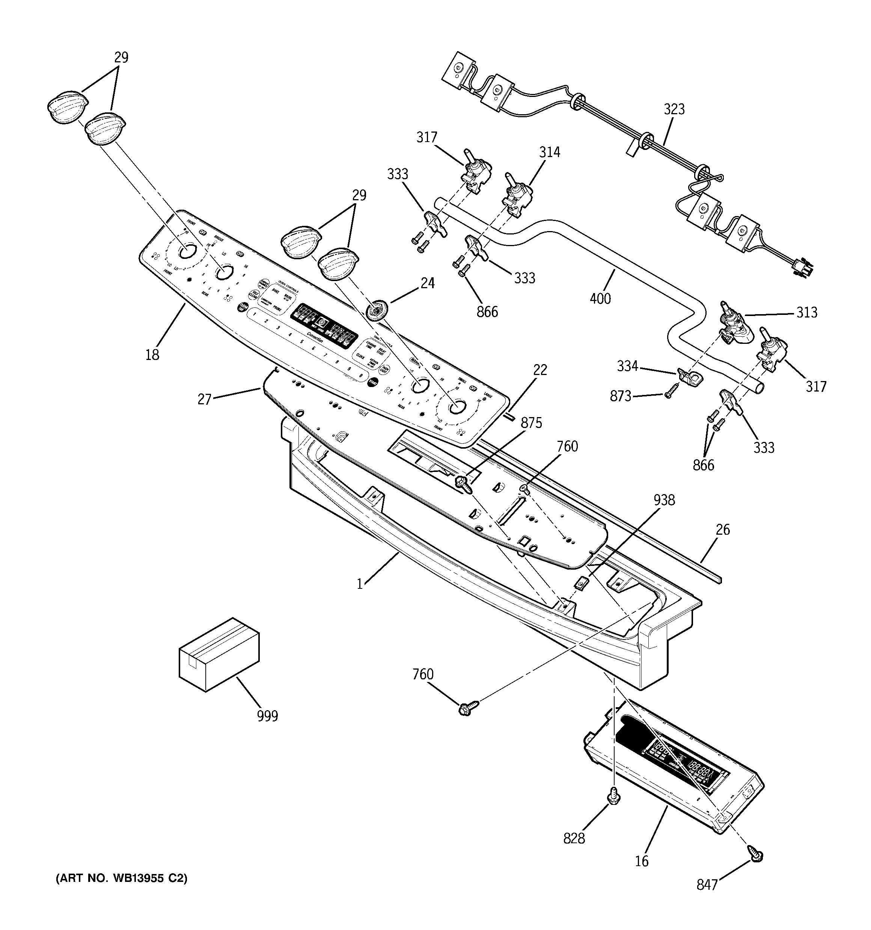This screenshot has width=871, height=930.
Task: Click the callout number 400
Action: pyautogui.click(x=600, y=298)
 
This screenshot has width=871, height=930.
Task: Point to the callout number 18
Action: pyautogui.click(x=152, y=355)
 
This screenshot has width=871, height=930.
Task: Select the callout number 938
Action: pyautogui.click(x=664, y=500)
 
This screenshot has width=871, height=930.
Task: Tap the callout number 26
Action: pyautogui.click(x=722, y=530)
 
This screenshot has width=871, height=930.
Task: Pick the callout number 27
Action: pyautogui.click(x=205, y=399)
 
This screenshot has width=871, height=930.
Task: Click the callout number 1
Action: pyautogui.click(x=360, y=584)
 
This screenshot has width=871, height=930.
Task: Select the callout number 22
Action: pyautogui.click(x=540, y=370)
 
